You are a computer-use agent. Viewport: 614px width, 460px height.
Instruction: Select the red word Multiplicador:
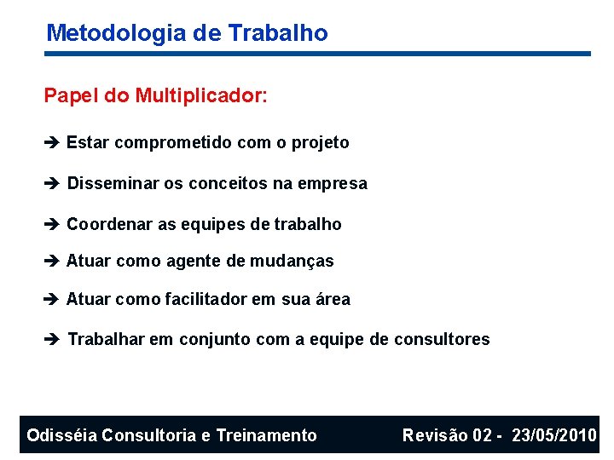(x=201, y=95)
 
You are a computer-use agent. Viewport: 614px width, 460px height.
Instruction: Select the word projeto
(x=320, y=143)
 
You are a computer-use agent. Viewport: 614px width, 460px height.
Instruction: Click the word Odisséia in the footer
(x=61, y=436)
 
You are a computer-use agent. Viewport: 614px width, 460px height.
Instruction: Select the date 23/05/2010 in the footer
(x=554, y=436)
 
